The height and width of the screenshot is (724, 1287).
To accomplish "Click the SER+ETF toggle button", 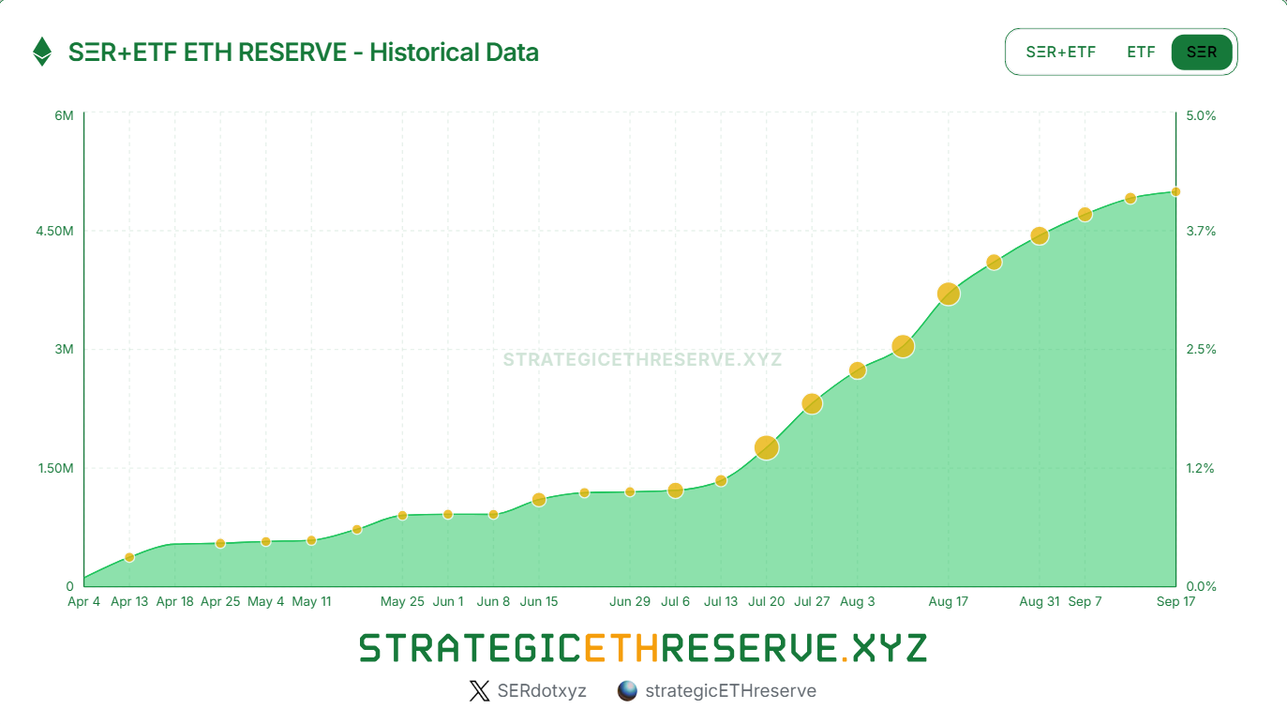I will (x=1060, y=52).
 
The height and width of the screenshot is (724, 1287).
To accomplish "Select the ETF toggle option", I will (x=1141, y=52).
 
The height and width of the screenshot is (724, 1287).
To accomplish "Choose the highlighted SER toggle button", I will (x=1202, y=52).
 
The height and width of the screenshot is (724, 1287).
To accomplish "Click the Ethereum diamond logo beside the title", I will (x=42, y=52).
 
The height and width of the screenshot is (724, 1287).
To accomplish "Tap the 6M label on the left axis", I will (x=64, y=115).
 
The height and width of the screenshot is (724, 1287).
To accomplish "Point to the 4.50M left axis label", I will (x=55, y=232).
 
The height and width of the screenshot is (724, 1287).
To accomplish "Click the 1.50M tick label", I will (x=55, y=468).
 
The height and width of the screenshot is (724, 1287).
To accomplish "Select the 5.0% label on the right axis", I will (x=1201, y=115).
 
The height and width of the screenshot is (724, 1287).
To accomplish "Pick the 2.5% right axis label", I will (x=1201, y=349).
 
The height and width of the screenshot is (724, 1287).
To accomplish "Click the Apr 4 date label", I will (x=83, y=601).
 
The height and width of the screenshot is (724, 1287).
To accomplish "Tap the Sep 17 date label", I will (x=1175, y=601).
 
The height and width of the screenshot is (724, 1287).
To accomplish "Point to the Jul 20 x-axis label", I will (x=766, y=601).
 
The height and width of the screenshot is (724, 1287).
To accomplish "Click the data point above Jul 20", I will (x=767, y=447).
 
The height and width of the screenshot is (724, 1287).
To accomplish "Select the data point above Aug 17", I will (x=949, y=294).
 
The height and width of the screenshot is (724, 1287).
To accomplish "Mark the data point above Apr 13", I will (x=129, y=557).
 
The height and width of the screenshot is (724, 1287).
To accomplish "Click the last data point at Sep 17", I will (x=1175, y=191).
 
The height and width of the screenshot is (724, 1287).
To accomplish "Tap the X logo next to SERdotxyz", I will (x=479, y=691).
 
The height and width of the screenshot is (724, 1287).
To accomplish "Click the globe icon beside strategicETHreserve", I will (x=627, y=691).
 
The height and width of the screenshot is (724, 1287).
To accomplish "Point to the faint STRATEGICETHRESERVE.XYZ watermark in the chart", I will (x=642, y=359).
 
